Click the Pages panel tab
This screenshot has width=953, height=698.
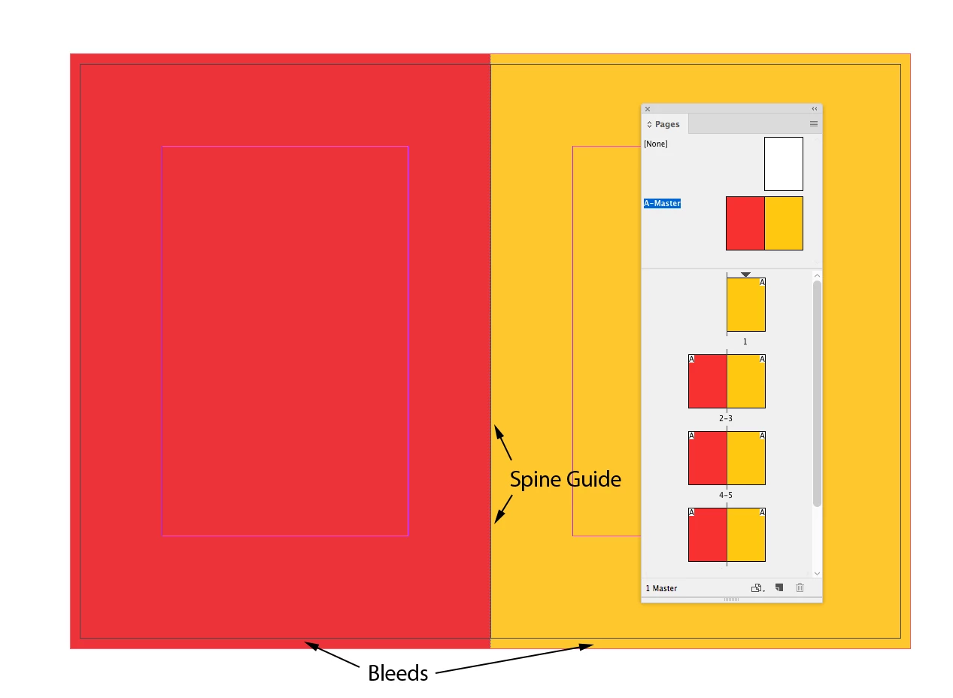coord(664,124)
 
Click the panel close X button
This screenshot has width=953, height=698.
coord(648,109)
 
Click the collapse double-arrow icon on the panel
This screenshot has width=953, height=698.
coord(814,109)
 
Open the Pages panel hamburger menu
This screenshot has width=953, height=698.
coord(813,124)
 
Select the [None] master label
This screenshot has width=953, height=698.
coord(656,144)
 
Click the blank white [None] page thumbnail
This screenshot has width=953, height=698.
coord(783,164)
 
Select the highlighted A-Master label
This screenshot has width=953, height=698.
coord(662,203)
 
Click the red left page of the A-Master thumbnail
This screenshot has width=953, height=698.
coord(745,223)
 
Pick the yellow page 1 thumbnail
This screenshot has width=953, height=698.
coord(745,305)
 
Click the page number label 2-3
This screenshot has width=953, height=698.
coord(726,417)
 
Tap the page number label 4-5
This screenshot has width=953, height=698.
coord(726,495)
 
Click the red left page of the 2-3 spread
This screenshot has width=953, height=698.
coord(708,381)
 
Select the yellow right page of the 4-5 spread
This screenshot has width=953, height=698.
coord(746,458)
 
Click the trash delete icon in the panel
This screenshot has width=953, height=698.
coord(800,587)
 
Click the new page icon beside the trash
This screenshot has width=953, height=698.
coord(779,587)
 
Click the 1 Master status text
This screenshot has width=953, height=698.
coord(661,588)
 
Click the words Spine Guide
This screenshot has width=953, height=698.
coord(566,479)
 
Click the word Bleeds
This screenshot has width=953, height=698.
coord(398,673)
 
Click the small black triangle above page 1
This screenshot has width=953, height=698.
coord(745,275)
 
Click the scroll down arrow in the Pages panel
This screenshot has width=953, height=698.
coord(817,574)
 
